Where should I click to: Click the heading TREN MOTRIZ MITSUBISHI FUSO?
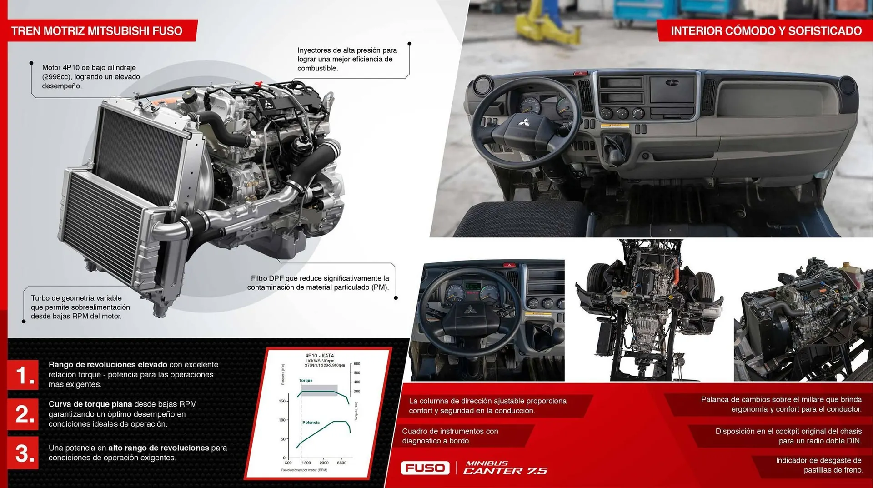[96, 31]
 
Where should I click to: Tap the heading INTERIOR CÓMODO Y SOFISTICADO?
[766, 31]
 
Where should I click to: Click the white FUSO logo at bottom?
[425, 468]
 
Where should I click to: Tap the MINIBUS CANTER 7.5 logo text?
[505, 468]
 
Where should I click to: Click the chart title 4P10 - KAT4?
[319, 356]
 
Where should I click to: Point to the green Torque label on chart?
[306, 380]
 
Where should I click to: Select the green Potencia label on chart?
[311, 423]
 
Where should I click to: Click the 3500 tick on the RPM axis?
[341, 463]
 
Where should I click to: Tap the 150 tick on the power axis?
[282, 401]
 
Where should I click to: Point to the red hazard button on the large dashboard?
[580, 73]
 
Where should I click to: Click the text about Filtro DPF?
[318, 282]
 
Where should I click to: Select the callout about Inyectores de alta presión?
[347, 59]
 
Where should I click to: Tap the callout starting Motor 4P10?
[91, 76]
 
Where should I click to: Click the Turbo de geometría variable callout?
[80, 307]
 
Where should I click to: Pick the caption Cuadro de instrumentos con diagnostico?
[450, 436]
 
